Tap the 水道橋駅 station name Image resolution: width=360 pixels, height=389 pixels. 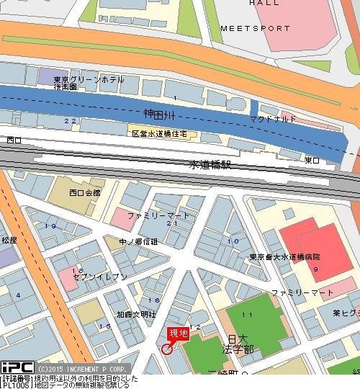211,164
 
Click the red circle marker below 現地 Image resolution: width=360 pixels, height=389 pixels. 167,349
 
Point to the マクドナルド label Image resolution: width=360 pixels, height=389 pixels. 273,118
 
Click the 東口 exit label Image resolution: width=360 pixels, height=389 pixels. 312,160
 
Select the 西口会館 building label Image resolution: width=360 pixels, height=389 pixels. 85,192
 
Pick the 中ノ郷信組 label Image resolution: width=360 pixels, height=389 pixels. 138,241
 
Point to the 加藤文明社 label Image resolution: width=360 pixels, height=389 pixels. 137,314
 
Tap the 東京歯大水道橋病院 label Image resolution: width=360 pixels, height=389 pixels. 285,256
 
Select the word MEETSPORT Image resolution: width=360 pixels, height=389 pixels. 256,29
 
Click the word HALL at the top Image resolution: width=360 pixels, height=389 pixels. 264,3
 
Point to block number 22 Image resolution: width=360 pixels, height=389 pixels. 70,121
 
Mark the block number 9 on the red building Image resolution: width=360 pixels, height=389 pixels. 315,268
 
